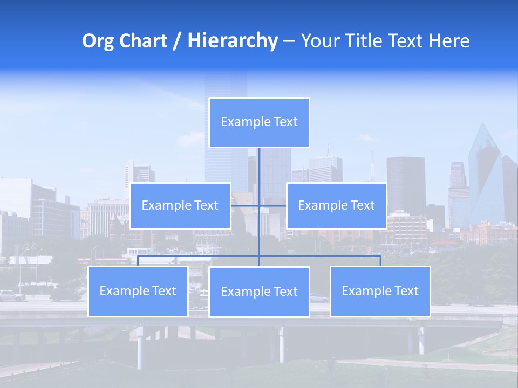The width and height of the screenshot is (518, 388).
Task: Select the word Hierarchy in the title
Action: coord(232,41)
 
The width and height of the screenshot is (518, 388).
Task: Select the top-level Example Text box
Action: coord(259,122)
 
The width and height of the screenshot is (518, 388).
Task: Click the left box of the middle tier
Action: coord(180,205)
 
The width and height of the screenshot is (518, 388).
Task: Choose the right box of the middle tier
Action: coord(336,205)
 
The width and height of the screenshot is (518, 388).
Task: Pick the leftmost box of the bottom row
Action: coord(138,291)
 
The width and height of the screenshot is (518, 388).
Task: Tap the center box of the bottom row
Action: coord(259,292)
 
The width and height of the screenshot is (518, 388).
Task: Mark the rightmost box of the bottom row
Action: coord(380,291)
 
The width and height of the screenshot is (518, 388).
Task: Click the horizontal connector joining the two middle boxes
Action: coord(272,205)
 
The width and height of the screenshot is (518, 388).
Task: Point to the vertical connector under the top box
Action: coord(259,167)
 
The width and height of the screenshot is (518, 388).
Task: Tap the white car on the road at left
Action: coord(12,295)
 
